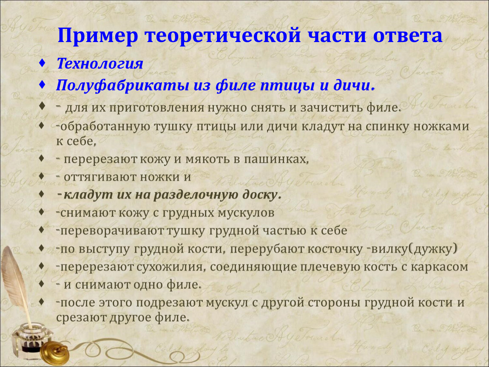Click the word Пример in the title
tap(98, 36)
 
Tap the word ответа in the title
tap(408, 35)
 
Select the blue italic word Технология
tap(100, 64)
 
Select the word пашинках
tap(276, 159)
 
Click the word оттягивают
tap(100, 177)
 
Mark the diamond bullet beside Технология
tap(42, 63)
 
